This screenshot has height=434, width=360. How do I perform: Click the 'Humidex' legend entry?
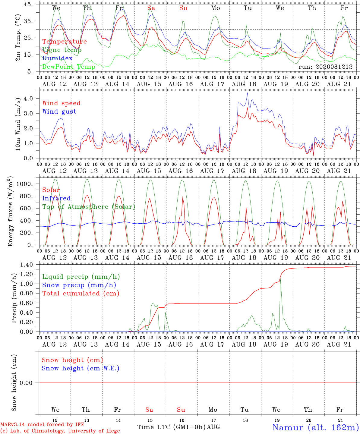[x=57, y=58]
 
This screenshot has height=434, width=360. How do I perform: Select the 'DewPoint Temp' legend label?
[x=69, y=67]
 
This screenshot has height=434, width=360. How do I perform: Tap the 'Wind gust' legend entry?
[x=59, y=112]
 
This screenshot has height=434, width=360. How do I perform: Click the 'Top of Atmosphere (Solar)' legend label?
[x=89, y=207]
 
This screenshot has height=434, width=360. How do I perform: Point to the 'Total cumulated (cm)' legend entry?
[x=81, y=293]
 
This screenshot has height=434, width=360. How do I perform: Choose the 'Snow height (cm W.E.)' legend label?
[x=81, y=368]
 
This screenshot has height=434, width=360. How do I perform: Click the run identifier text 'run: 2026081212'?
[x=325, y=67]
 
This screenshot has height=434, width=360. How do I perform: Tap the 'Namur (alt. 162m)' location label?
[x=316, y=427]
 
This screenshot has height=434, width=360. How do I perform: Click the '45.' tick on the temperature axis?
[x=28, y=4]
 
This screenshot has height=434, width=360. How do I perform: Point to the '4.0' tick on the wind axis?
[x=28, y=98]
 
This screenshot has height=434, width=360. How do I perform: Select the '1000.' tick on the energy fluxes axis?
[x=24, y=184]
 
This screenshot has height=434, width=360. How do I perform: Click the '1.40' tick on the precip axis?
[x=27, y=265]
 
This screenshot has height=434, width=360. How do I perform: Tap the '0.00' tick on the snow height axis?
[x=26, y=383]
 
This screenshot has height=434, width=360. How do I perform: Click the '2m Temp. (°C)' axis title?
[x=18, y=38]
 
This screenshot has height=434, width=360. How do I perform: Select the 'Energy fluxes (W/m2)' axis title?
[x=10, y=211]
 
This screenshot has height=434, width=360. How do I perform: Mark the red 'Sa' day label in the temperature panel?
[x=151, y=8]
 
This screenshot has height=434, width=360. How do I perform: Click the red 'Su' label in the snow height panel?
[x=181, y=410]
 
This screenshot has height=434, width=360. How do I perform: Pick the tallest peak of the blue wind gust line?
[x=247, y=93]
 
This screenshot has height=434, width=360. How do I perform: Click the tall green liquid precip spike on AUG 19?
[x=280, y=278]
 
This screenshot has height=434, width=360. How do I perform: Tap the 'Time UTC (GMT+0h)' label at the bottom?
[x=172, y=427]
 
